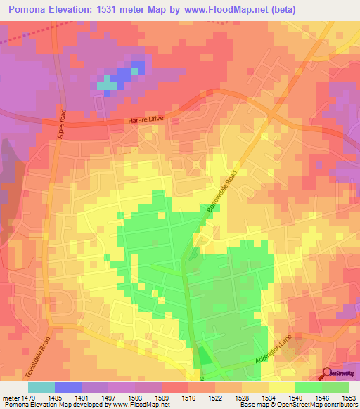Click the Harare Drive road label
click(x=146, y=120)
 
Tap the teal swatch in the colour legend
click(x=41, y=387)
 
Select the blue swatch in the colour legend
click(x=67, y=387)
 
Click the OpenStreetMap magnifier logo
click(x=328, y=373)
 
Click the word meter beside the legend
click(x=10, y=397)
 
